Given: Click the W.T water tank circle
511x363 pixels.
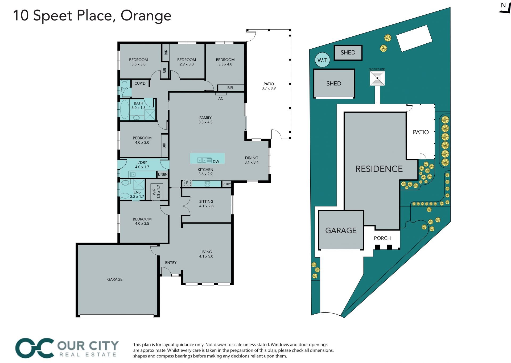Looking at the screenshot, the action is click(322, 60).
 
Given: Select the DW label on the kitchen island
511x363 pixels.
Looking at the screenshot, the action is click(216, 162).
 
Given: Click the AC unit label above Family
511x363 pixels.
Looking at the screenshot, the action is click(221, 98).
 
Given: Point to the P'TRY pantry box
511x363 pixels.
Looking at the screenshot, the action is click(226, 184).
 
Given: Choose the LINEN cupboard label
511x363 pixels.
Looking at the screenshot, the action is click(163, 175).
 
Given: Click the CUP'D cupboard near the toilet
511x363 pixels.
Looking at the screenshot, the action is click(140, 83).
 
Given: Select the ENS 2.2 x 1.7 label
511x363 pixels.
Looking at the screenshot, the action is click(137, 194).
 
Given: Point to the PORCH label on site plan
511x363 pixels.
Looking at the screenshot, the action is click(382, 238).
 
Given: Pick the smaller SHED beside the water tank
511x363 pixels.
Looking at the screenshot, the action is click(348, 52).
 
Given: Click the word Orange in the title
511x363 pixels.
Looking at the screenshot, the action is click(146, 16).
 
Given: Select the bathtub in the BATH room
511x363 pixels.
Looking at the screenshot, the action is click(124, 109).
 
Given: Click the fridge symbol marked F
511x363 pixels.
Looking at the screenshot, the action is click(187, 183).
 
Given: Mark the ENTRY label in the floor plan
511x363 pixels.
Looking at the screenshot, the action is click(171, 263).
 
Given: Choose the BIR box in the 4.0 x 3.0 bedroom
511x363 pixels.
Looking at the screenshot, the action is click(164, 146).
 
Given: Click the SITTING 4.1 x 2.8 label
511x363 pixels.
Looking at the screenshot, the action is click(206, 204).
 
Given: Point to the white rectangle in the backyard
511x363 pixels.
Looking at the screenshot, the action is click(414, 38).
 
